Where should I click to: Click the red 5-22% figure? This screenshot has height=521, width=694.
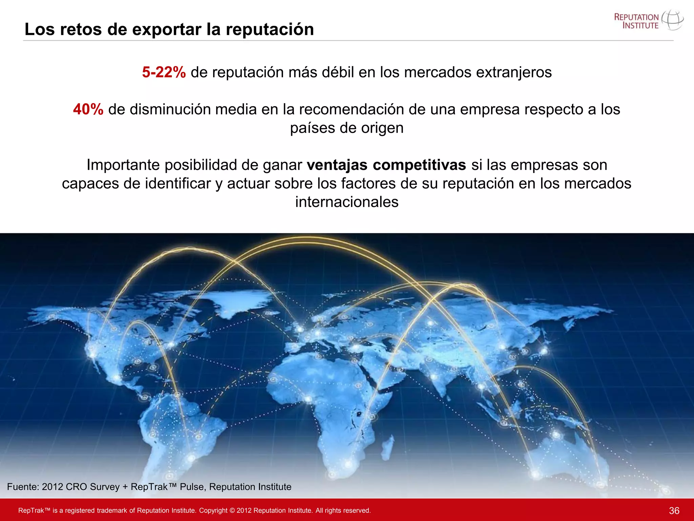(164, 72)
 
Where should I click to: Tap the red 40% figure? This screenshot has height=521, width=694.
(88, 109)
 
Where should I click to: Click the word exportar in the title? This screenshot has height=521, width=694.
(167, 29)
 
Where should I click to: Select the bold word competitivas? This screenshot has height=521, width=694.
(419, 165)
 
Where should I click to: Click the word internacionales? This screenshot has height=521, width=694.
(347, 202)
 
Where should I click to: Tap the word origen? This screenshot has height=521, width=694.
(383, 128)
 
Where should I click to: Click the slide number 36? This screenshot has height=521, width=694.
(674, 510)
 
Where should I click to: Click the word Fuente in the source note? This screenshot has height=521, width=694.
(23, 487)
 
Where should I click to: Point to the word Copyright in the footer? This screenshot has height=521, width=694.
(213, 510)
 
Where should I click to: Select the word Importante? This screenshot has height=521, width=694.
(123, 165)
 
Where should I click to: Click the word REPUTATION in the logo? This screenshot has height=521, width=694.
(636, 17)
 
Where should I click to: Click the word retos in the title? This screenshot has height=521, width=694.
(81, 29)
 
